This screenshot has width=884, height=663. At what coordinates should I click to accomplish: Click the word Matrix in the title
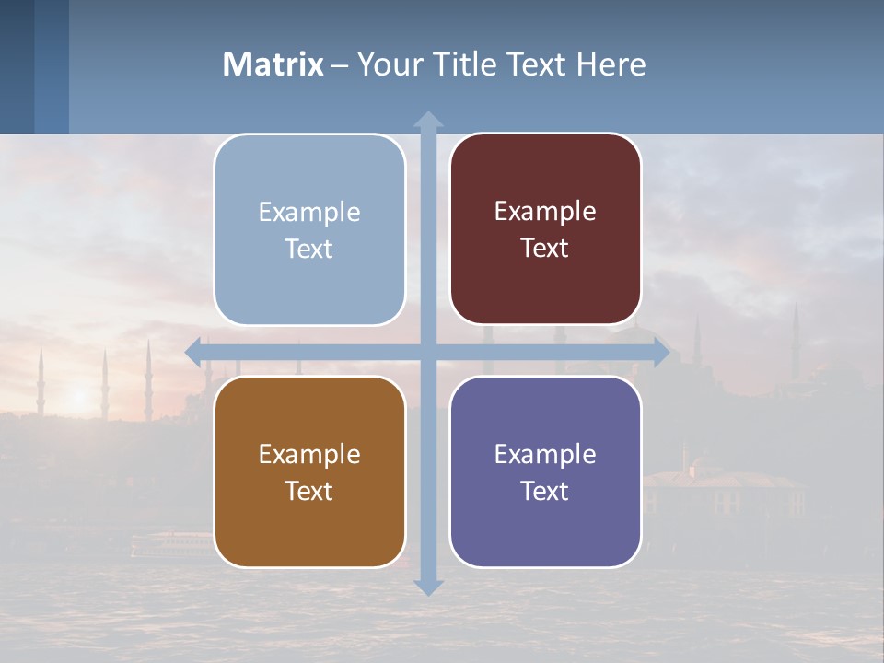273,64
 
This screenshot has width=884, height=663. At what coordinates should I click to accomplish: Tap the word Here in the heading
611,64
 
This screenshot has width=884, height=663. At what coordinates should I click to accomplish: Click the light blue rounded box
309,230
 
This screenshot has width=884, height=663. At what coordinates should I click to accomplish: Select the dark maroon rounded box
545,229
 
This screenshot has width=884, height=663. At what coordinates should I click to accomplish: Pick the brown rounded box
309,472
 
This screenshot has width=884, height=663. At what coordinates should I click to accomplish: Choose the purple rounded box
545,472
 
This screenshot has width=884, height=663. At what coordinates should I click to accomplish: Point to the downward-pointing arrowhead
428,587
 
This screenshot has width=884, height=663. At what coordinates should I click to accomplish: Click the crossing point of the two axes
428,353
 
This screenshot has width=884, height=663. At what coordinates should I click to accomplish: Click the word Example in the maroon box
545,212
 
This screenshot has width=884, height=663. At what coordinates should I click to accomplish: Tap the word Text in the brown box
309,491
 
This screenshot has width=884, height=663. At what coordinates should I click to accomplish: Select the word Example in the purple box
545,454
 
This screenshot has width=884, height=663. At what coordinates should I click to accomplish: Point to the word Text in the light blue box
309,249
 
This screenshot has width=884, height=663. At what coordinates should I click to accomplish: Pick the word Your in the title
388,64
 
